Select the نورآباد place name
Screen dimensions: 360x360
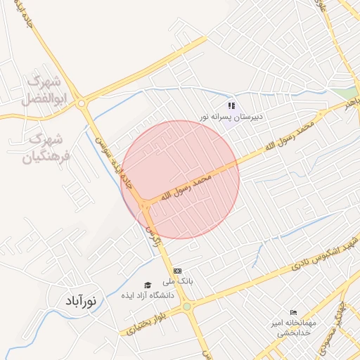[83, 302]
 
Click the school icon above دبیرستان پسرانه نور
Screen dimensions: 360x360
[231, 106]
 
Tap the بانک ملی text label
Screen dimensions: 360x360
[179, 281]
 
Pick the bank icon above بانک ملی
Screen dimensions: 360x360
[177, 270]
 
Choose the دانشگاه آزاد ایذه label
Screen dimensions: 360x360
[146, 295]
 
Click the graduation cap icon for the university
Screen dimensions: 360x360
[148, 285]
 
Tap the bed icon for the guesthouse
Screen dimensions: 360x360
[293, 312]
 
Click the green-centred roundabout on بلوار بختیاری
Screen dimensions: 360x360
[186, 307]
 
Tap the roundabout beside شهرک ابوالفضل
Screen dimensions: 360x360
[83, 104]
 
